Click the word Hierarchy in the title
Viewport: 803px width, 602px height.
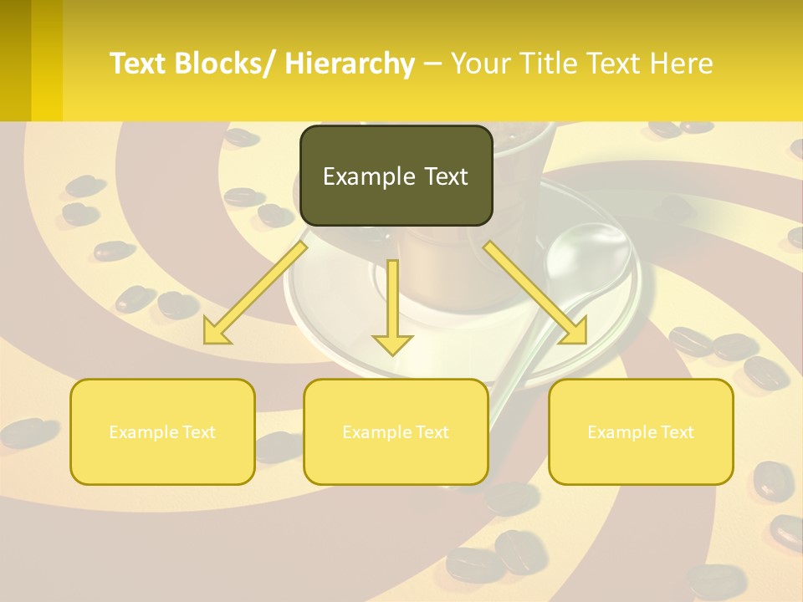[350, 64]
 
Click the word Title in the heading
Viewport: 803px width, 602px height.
[544, 64]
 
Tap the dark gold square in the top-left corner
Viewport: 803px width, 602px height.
[15, 60]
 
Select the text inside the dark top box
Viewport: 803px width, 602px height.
[396, 176]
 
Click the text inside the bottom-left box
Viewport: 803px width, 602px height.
[162, 432]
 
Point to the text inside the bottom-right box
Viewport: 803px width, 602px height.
[641, 432]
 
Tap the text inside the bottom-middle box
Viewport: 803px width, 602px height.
[396, 432]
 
